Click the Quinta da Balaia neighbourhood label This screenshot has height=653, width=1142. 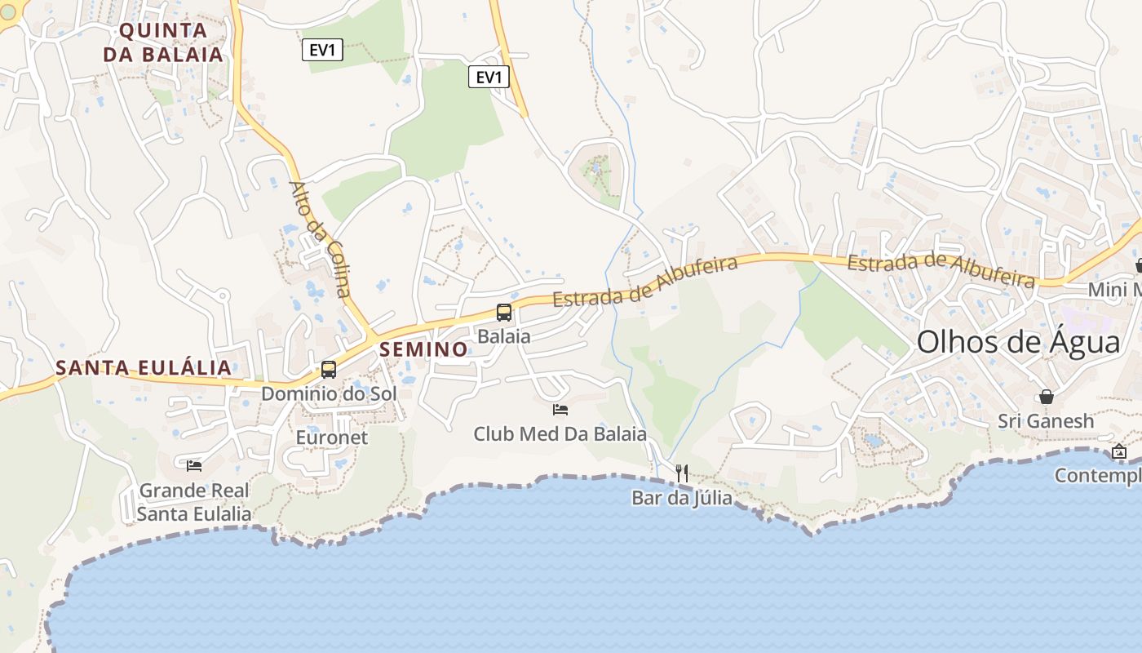point(171,42)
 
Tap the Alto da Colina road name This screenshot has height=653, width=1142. point(320,238)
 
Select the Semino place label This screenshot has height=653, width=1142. point(424,349)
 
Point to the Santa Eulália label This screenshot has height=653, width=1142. point(144,367)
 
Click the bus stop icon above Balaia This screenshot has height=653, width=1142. point(504,313)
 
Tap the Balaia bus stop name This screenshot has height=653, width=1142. point(503,336)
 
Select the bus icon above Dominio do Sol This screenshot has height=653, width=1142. point(329,370)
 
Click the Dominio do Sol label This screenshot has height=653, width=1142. point(329,393)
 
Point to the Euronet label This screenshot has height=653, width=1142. point(332,438)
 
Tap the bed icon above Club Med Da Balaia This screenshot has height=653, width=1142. point(560,409)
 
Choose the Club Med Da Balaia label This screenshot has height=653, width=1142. point(560,433)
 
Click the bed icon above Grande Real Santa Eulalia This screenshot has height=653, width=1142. point(194,465)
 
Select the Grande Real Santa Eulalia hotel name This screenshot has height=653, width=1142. point(194,502)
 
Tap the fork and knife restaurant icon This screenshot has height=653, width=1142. point(682,473)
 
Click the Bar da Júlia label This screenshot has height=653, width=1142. point(682,497)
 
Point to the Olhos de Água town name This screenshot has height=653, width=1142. point(1019,342)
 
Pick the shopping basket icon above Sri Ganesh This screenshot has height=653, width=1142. point(1047,397)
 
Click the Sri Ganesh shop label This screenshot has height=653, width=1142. point(1047,421)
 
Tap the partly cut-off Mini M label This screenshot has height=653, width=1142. point(1115,290)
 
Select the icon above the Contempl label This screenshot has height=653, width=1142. point(1119,451)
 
